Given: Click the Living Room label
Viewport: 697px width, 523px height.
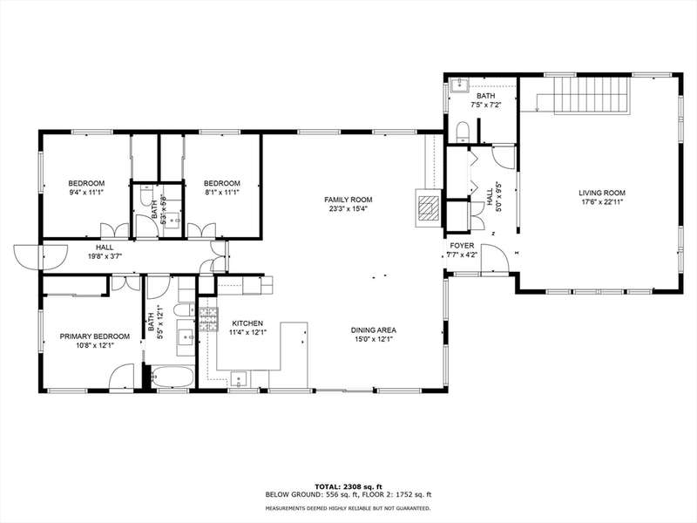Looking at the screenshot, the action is (x=602, y=193).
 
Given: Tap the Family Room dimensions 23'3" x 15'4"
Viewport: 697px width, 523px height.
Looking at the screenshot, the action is (x=348, y=208).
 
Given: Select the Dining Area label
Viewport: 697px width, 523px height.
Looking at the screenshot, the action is (x=374, y=330).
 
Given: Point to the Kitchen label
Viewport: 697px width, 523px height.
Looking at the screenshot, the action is (x=247, y=323).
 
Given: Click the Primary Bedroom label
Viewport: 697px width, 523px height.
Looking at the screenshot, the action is (x=95, y=336).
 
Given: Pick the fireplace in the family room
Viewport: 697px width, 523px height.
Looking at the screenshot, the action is (x=428, y=207).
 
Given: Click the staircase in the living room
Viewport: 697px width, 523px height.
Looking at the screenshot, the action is (x=592, y=95).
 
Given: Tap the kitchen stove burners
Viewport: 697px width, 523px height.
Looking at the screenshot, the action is (x=208, y=320).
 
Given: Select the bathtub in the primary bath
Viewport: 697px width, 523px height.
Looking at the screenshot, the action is (x=173, y=377).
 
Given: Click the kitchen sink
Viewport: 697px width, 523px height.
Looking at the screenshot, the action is (x=239, y=379).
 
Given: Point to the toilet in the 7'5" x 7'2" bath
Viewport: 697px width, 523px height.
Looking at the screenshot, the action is (x=463, y=132).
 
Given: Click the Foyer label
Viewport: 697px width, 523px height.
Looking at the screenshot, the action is (x=462, y=246).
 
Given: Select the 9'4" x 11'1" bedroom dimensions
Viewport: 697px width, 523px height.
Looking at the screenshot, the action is (x=86, y=192).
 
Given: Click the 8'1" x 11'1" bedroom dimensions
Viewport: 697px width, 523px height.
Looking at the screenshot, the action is (x=222, y=192).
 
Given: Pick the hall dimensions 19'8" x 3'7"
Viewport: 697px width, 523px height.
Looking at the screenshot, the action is (x=105, y=256).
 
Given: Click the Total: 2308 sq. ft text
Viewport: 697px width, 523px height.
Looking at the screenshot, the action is (x=348, y=486).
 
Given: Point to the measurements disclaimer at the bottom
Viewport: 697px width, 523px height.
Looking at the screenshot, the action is (x=348, y=508).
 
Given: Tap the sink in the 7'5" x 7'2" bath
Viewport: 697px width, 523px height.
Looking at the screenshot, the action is (x=458, y=85).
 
